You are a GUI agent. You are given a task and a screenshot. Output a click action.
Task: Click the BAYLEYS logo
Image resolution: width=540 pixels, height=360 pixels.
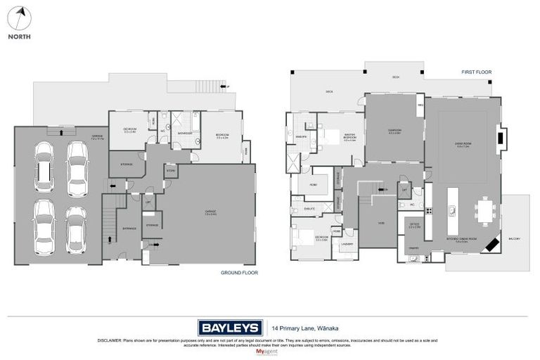pos(230,327)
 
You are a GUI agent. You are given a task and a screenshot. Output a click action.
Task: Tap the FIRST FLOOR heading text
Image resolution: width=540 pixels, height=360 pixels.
pos(477,72)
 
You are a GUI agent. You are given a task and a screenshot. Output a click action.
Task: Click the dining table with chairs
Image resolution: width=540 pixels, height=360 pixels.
pos(484,210)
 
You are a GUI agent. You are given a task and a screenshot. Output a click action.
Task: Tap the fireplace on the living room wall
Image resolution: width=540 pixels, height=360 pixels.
pos(500,139)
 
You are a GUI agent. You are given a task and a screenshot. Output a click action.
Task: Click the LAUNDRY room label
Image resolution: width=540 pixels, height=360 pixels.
pos(347,244)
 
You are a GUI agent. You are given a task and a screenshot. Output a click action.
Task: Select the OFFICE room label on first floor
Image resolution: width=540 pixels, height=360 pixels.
pos(414,224)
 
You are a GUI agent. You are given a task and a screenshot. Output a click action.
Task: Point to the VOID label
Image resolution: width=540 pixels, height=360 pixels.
pos(380,224)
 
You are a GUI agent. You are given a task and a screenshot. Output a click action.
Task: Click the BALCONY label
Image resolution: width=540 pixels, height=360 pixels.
pos(515,239)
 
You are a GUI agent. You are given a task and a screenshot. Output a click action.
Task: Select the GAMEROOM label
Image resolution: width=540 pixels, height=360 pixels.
pos(394,130)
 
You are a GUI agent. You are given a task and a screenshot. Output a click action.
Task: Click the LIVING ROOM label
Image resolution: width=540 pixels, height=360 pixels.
pos(462,145)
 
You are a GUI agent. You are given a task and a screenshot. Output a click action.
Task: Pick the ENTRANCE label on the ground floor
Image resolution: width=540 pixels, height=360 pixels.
pos(129,229)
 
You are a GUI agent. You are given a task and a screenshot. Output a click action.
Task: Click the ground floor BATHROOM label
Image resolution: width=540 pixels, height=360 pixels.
pos(185,132)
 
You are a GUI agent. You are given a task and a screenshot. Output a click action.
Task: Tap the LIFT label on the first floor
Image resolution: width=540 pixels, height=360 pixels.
pos(404,190)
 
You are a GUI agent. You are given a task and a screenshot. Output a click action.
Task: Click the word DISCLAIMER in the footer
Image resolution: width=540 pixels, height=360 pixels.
pos(111,340)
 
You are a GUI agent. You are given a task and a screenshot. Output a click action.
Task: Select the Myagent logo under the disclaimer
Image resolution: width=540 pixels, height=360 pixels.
pos(267,351)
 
